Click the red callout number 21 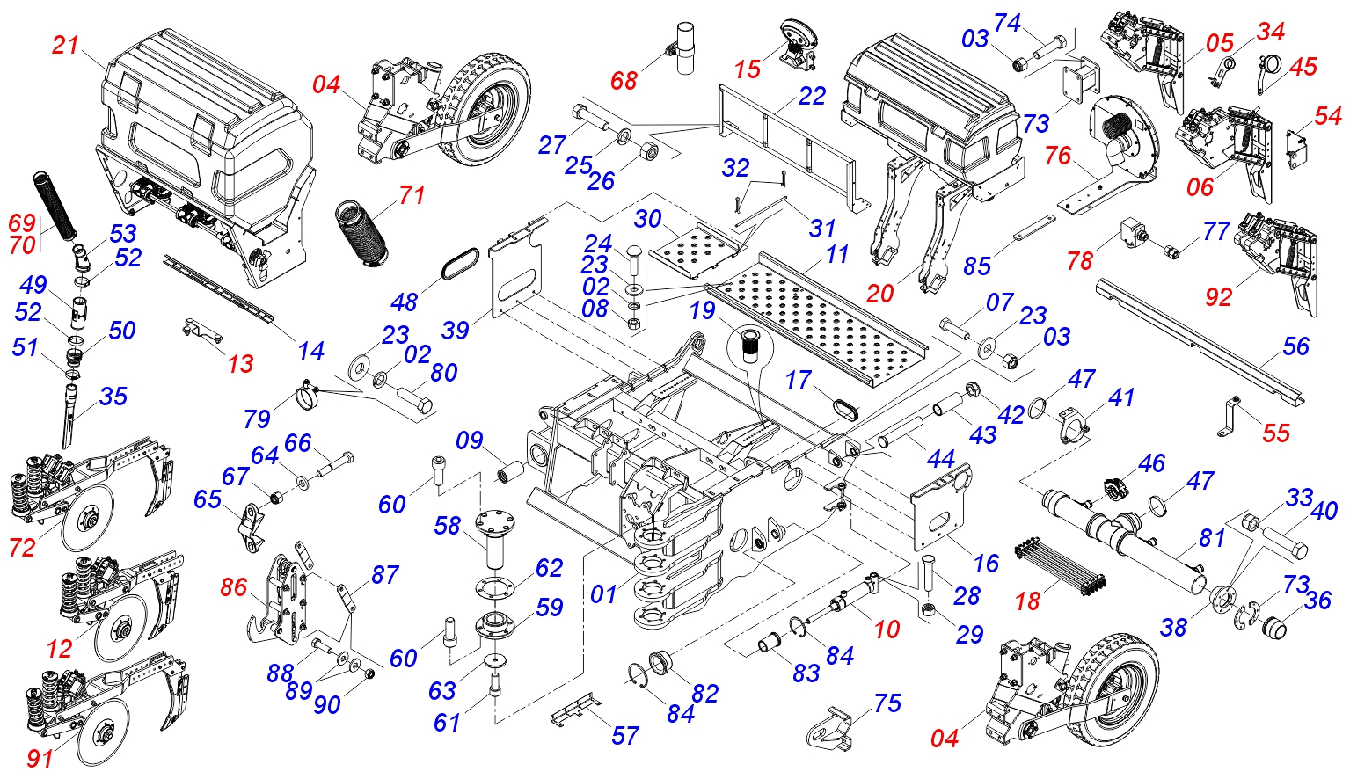pyautogui.click(x=66, y=45)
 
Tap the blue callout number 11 pyautogui.click(x=837, y=255)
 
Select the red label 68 pyautogui.click(x=624, y=80)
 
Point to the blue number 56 pyautogui.click(x=1295, y=346)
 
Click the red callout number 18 pyautogui.click(x=1028, y=601)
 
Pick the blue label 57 pyautogui.click(x=625, y=736)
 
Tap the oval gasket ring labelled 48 pyautogui.click(x=461, y=264)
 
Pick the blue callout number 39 pyautogui.click(x=455, y=330)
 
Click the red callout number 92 pyautogui.click(x=1218, y=296)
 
